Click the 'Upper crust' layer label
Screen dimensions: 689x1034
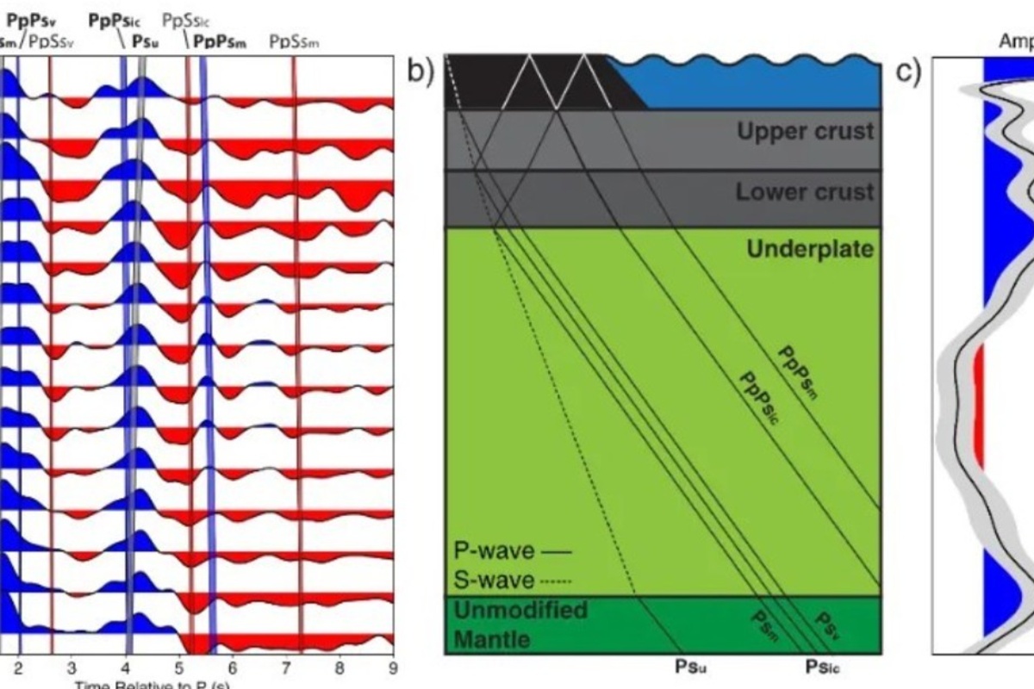(x=805, y=132)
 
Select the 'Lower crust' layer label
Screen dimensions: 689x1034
(x=805, y=191)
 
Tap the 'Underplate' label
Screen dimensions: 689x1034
(x=809, y=250)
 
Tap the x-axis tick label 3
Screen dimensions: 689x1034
(x=72, y=666)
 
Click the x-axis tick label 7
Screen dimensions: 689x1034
(x=286, y=666)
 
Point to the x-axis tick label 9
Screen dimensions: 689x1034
(x=393, y=666)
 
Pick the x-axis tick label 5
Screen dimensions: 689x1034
(x=179, y=666)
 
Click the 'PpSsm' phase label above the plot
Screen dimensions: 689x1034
(x=294, y=40)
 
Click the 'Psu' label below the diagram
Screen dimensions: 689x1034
(x=690, y=665)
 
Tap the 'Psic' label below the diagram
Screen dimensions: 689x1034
(x=822, y=665)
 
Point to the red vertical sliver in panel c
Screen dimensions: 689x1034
(x=978, y=405)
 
